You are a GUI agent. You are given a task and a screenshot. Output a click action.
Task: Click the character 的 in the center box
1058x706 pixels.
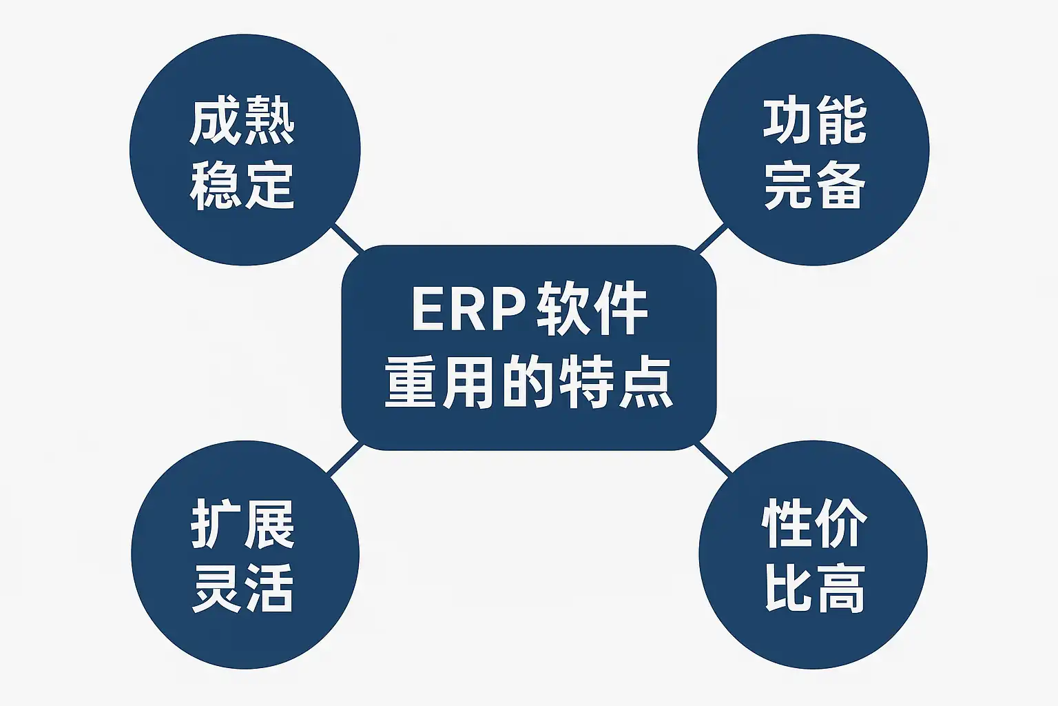pyautogui.click(x=529, y=383)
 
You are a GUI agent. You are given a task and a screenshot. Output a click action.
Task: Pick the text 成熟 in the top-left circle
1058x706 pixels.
pyautogui.click(x=242, y=122)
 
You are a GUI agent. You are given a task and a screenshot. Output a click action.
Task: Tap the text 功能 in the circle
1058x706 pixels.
pyautogui.click(x=814, y=122)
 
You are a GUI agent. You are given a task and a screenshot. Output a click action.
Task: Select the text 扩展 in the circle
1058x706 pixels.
pyautogui.click(x=242, y=525)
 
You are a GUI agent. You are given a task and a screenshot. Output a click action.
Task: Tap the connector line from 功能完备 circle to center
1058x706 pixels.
pyautogui.click(x=710, y=238)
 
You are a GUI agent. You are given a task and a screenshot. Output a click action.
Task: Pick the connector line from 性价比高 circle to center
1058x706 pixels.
pyautogui.click(x=712, y=458)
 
